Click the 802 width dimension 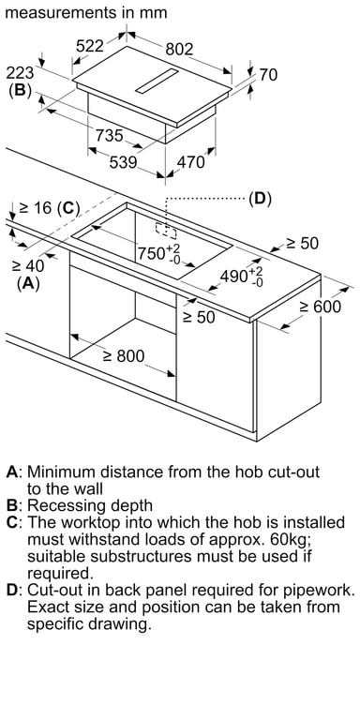pyautogui.click(x=180, y=49)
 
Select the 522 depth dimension pyautogui.click(x=90, y=45)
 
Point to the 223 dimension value pyautogui.click(x=20, y=72)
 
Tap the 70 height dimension pyautogui.click(x=268, y=74)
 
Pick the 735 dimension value pyautogui.click(x=110, y=135)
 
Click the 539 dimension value pyautogui.click(x=123, y=162)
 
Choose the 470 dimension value pyautogui.click(x=190, y=162)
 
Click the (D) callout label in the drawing pyautogui.click(x=260, y=199)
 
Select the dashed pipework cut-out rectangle pyautogui.click(x=166, y=231)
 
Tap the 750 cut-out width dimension pyautogui.click(x=159, y=252)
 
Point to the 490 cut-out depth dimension pyautogui.click(x=242, y=276)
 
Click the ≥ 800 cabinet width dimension pyautogui.click(x=124, y=355)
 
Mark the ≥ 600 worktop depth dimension pyautogui.click(x=320, y=307)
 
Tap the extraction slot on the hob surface pyautogui.click(x=157, y=81)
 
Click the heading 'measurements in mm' pyautogui.click(x=86, y=12)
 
